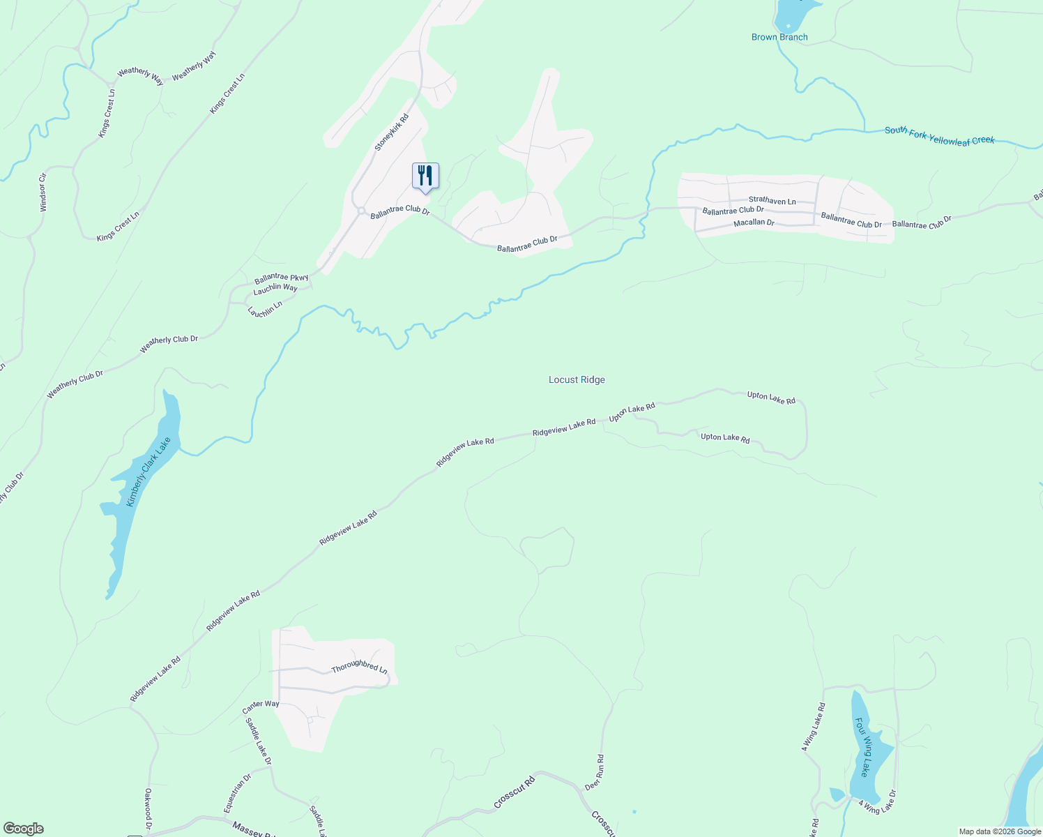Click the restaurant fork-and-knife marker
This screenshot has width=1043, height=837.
(x=425, y=175)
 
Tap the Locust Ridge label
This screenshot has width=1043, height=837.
(x=577, y=380)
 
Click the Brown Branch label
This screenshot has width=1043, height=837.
(x=779, y=37)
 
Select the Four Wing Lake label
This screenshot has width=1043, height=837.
(x=862, y=747)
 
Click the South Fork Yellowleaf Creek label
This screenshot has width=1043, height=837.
(x=939, y=135)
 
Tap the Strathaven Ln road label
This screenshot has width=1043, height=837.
(x=772, y=201)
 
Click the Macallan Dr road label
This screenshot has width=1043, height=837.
(x=754, y=223)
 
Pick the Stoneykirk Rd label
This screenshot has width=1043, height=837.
(x=391, y=133)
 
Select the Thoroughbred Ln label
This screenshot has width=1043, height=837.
(x=359, y=666)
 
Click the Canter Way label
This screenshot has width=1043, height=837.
(x=261, y=707)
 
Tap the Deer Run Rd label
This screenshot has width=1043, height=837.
(x=594, y=772)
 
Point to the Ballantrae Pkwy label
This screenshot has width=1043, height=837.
(x=281, y=278)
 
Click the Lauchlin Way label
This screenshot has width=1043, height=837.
(x=275, y=287)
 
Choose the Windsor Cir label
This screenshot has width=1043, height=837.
(x=43, y=192)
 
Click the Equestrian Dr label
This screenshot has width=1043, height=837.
(x=237, y=793)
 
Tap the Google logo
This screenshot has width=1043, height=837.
(x=24, y=829)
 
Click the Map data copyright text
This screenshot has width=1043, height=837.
(x=1000, y=831)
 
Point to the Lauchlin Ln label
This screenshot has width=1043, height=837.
(x=265, y=309)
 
